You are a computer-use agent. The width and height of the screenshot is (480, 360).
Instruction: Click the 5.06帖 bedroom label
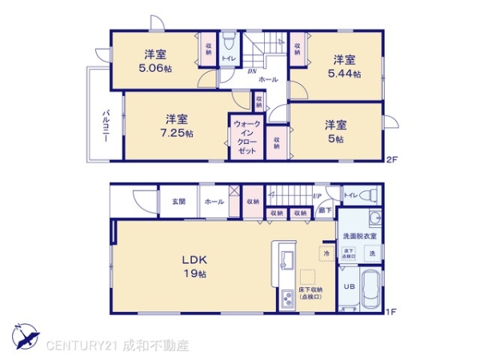[x=156, y=61]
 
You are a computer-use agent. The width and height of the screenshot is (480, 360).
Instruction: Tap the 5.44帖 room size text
[x=345, y=66]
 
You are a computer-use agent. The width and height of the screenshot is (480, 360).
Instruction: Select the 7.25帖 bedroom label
[x=178, y=126]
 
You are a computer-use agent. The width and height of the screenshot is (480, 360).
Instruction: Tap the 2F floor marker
[x=392, y=159]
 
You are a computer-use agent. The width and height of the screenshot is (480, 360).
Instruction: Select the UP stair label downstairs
[x=318, y=196]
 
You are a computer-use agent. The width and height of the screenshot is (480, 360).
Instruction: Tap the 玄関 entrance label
[x=178, y=202]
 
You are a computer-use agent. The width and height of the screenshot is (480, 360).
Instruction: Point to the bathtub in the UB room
[x=368, y=290]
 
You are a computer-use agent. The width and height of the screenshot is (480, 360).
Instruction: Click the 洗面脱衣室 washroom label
[x=360, y=236]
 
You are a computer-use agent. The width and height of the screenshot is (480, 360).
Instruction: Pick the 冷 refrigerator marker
[x=326, y=254]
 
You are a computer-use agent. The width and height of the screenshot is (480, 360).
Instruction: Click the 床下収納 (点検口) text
[x=310, y=293]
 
